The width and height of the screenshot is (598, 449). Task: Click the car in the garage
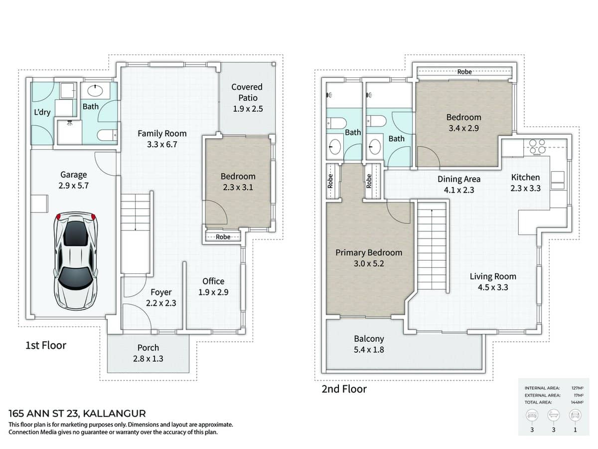pyautogui.click(x=75, y=260)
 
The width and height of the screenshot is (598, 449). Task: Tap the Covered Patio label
pyautogui.click(x=247, y=92)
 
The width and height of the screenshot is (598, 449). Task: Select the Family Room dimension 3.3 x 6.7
pyautogui.click(x=162, y=145)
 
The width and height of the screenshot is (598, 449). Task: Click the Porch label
pyautogui.click(x=148, y=348)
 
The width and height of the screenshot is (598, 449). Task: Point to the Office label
pyautogui.click(x=213, y=281)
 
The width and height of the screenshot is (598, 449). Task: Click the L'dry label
pyautogui.click(x=42, y=112)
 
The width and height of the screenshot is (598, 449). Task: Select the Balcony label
pyautogui.click(x=368, y=339)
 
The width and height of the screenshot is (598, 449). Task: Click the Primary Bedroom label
pyautogui.click(x=368, y=252)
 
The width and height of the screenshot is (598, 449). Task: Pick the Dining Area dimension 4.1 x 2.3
pyautogui.click(x=459, y=190)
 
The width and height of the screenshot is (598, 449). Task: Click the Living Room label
pyautogui.click(x=493, y=276)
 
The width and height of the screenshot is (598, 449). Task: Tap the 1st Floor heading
pyautogui.click(x=46, y=345)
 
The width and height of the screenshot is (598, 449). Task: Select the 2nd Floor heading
pyautogui.click(x=344, y=389)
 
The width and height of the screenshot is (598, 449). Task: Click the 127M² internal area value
pyautogui.click(x=577, y=388)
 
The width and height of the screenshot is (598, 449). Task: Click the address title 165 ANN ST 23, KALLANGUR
pyautogui.click(x=77, y=414)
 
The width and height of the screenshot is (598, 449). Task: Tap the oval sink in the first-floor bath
pyautogui.click(x=92, y=91)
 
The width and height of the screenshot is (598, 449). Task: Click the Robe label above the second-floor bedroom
pyautogui.click(x=464, y=72)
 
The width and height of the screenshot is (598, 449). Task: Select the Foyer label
pyautogui.click(x=161, y=292)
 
